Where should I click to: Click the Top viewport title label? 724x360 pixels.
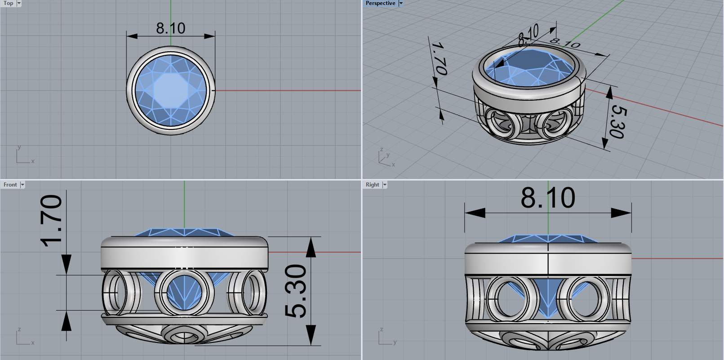click(x=8, y=3)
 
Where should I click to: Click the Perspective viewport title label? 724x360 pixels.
click(x=380, y=3)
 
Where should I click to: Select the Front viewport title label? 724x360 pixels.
click(x=10, y=185)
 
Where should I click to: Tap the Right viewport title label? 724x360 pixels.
click(x=372, y=185)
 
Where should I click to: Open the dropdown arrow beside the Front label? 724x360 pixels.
click(x=22, y=185)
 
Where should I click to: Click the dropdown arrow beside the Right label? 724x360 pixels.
click(x=385, y=185)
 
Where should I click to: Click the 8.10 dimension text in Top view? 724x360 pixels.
click(x=170, y=28)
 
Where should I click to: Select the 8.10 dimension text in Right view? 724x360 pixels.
click(x=548, y=198)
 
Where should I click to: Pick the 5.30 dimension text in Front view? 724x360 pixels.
click(x=296, y=291)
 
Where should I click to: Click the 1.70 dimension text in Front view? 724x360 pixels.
click(x=52, y=221)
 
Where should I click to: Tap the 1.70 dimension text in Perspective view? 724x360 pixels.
click(x=439, y=58)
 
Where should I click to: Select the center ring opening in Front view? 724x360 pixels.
click(x=184, y=292)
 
